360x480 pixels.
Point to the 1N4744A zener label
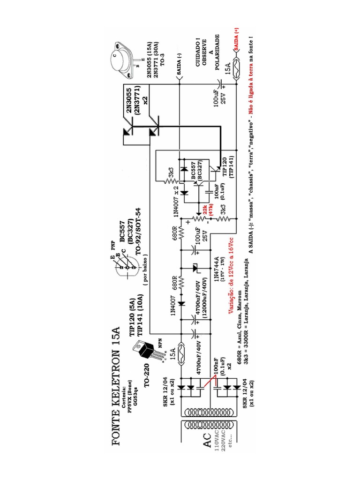click(x=217, y=269)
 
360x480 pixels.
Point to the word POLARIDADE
click(x=217, y=51)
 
